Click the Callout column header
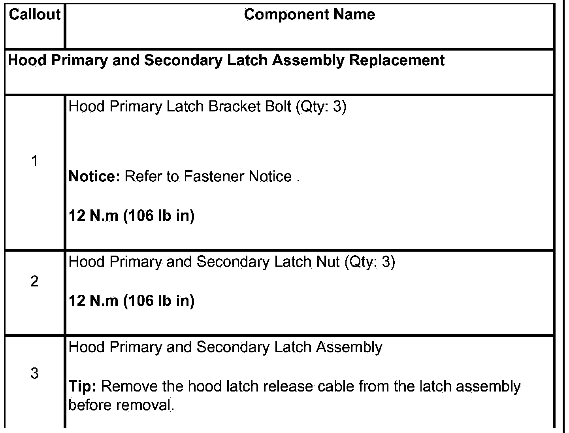[34, 15]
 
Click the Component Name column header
[309, 15]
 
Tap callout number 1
[34, 161]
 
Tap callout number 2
[34, 281]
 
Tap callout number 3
[34, 373]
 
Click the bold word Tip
[82, 386]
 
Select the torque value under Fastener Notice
[132, 216]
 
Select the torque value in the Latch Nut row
[132, 301]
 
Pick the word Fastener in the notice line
[214, 176]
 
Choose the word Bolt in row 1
[277, 107]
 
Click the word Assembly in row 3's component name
[349, 347]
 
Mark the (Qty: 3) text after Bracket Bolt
[321, 107]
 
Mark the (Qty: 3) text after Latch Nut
[369, 262]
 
